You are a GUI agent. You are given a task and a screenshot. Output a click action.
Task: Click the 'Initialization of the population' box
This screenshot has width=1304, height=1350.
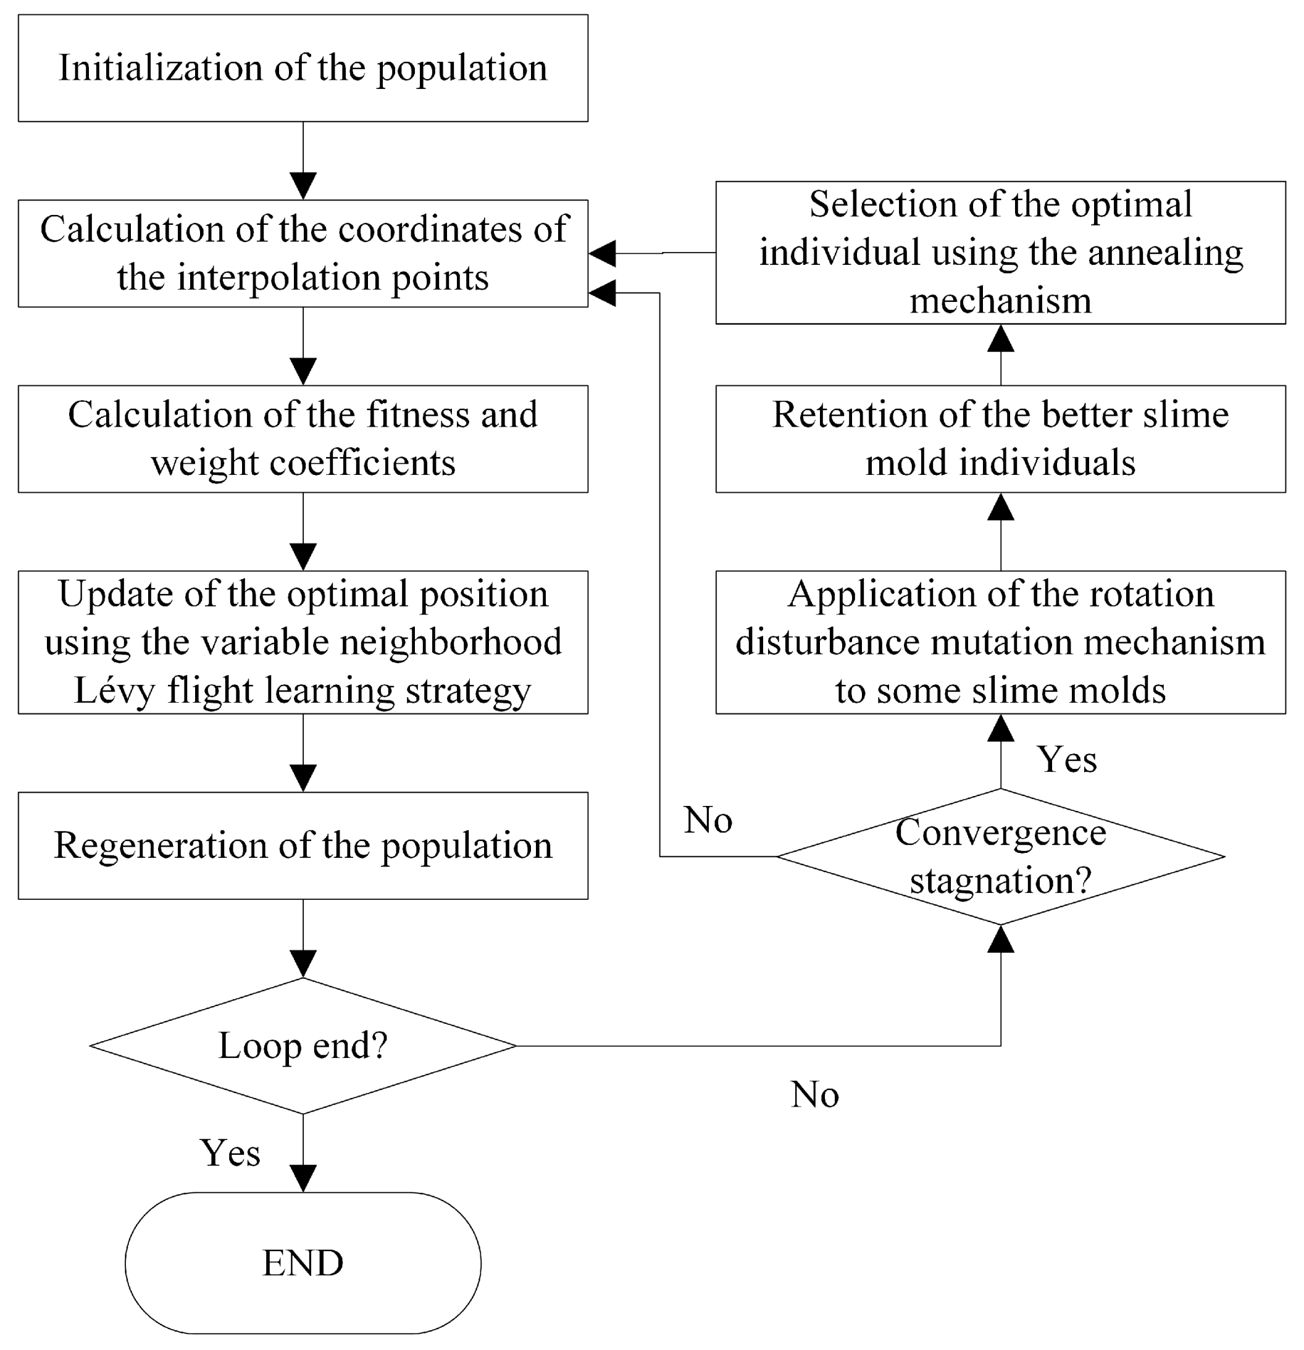tap(303, 68)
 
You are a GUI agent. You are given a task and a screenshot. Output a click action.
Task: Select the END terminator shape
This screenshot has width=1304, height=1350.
tap(303, 1262)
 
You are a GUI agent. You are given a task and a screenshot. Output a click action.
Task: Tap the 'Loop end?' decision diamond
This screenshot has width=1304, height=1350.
tap(303, 1046)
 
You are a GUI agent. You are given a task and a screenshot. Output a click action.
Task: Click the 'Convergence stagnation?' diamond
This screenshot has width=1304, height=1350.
tap(1000, 856)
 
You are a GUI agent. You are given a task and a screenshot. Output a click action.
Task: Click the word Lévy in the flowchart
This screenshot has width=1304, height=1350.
tap(114, 690)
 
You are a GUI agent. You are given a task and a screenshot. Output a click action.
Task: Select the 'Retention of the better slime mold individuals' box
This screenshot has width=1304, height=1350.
tap(1000, 438)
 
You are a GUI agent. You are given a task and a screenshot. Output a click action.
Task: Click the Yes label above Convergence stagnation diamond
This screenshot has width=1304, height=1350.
tap(1066, 760)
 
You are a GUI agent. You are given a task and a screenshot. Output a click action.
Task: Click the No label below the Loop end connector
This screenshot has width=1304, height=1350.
tap(815, 1094)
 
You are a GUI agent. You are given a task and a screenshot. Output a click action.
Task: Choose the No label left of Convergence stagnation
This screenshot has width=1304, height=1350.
tap(708, 820)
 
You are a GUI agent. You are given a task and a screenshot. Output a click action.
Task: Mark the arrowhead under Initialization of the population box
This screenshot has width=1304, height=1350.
tap(303, 186)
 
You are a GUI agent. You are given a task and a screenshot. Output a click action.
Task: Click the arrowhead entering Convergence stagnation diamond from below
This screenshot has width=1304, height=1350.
tap(1000, 939)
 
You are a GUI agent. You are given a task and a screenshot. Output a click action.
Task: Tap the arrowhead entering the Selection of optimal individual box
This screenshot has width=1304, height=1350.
tap(1000, 338)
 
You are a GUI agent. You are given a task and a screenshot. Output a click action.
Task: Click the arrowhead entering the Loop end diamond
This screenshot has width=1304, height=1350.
tap(303, 963)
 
